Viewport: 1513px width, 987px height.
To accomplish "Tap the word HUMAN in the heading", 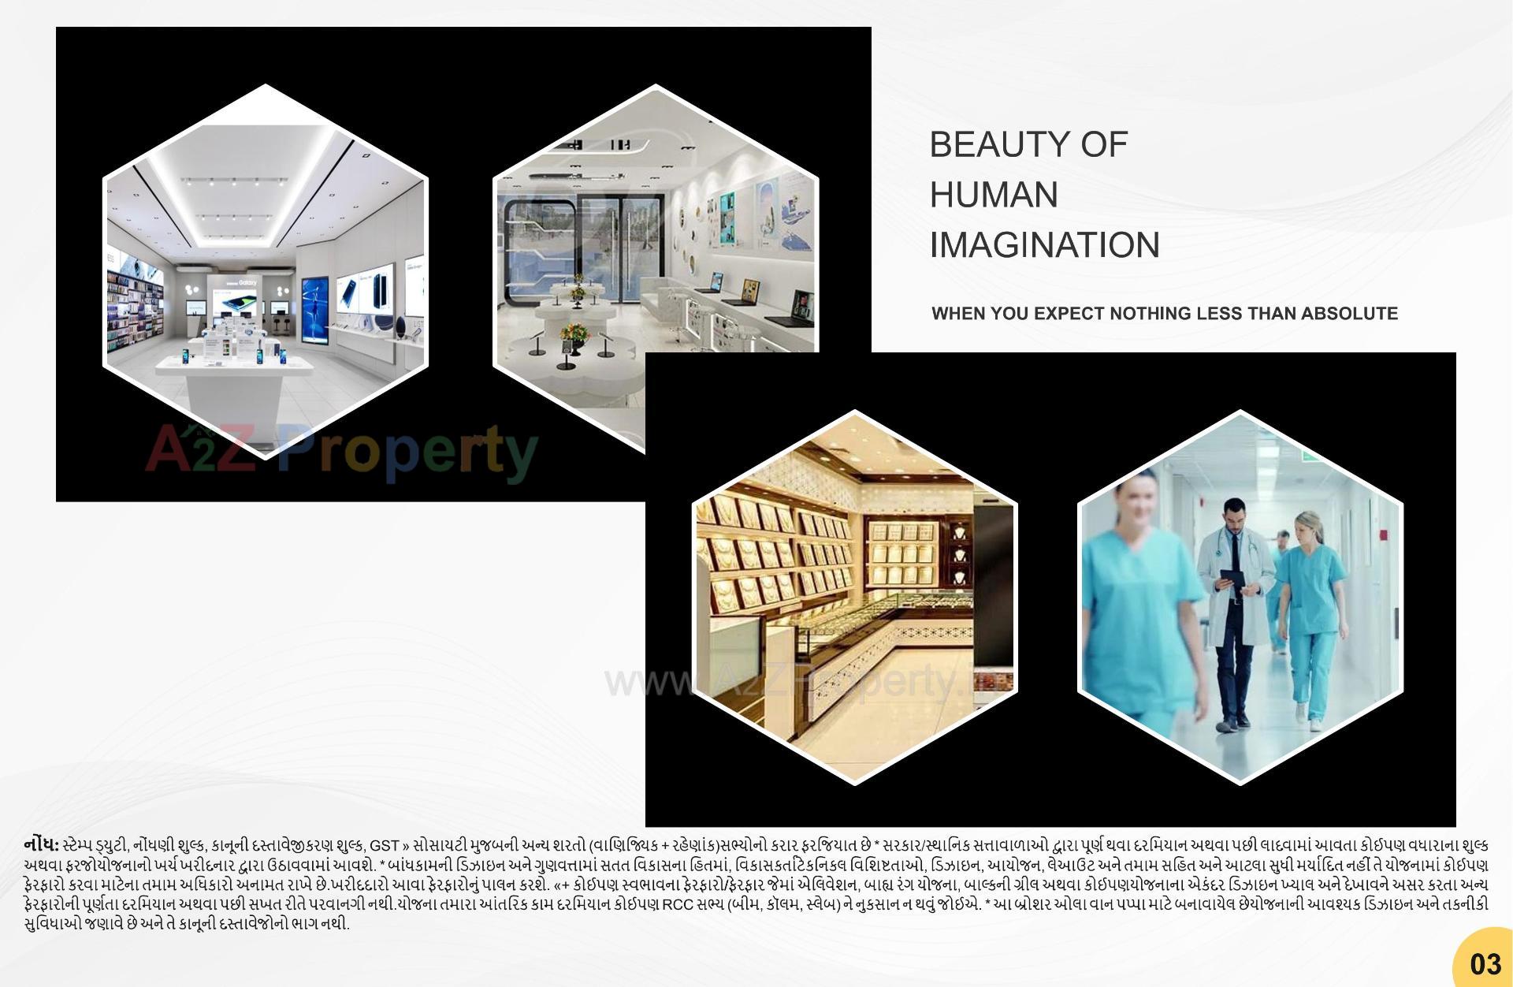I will pos(994,196).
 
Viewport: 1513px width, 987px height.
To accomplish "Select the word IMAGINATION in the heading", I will pos(1044,245).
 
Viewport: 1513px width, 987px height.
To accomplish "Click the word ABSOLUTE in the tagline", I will pos(1349,314).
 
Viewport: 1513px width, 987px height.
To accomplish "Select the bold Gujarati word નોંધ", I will pos(42,845).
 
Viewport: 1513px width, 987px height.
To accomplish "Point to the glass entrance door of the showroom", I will pos(607,244).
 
